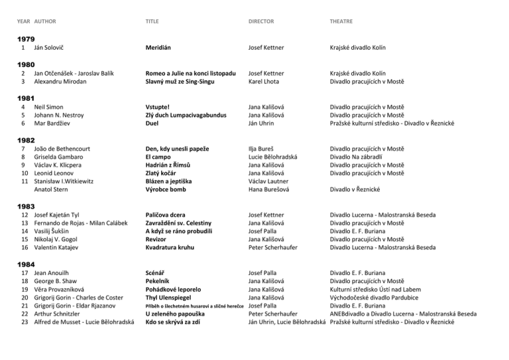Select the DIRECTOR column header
point(262,21)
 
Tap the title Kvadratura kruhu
point(176,247)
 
